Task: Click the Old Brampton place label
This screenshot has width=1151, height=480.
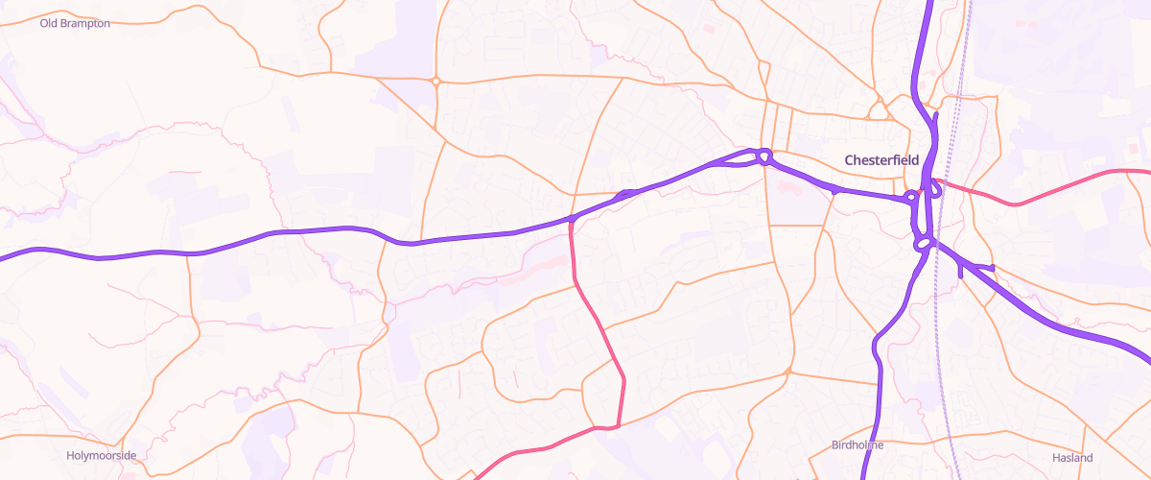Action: [75, 23]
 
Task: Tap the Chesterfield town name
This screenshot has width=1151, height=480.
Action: [881, 160]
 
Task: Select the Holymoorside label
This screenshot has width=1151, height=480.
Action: [102, 455]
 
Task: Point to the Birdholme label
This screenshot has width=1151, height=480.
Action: [857, 445]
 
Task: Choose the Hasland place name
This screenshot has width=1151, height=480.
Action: [1072, 458]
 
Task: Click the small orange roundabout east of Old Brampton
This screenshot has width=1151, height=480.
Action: [435, 82]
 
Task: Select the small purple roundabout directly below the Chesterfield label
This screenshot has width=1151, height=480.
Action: [910, 197]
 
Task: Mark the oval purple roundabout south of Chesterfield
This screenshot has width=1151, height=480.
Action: [925, 244]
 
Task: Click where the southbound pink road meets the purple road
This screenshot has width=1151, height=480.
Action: [572, 220]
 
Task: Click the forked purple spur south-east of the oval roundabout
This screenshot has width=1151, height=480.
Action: [976, 267]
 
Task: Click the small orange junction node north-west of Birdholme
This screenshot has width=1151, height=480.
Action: [787, 372]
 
